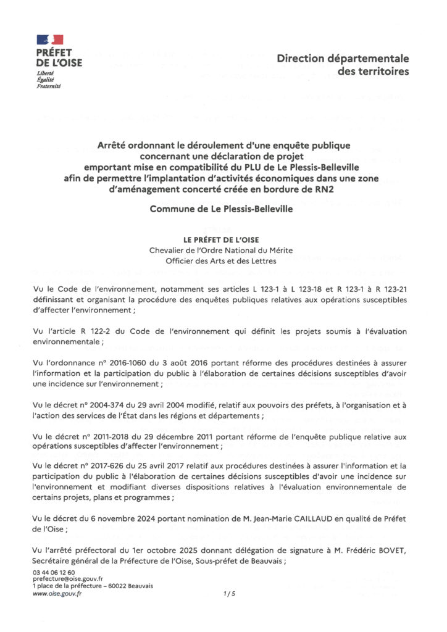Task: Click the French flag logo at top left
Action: click(50, 41)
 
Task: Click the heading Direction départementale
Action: click(343, 59)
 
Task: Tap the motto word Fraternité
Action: click(49, 86)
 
